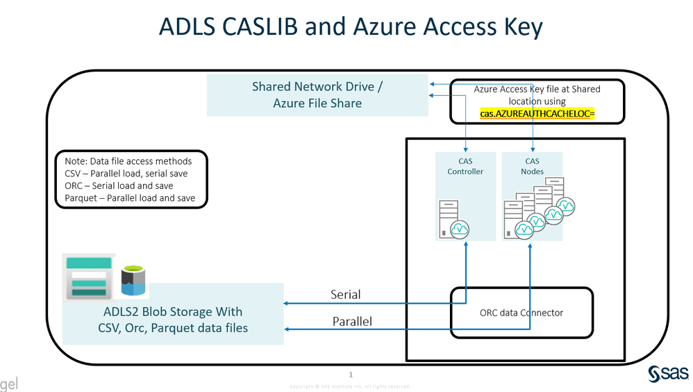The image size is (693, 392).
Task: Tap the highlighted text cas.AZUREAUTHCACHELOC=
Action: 537,113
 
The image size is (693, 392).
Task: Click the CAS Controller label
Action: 465,166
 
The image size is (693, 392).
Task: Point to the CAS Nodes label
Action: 532,166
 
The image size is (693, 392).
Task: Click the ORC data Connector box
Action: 521,313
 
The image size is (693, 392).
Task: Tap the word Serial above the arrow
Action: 345,295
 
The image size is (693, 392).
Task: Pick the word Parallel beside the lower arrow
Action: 351,321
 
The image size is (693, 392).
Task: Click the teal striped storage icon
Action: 88,277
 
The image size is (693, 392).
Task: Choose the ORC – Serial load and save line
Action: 114,186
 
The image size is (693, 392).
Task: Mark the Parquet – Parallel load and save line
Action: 125,198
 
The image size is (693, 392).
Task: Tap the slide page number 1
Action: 351,375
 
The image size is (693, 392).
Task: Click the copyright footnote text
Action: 350,386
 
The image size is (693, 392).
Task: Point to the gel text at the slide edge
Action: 9,383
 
